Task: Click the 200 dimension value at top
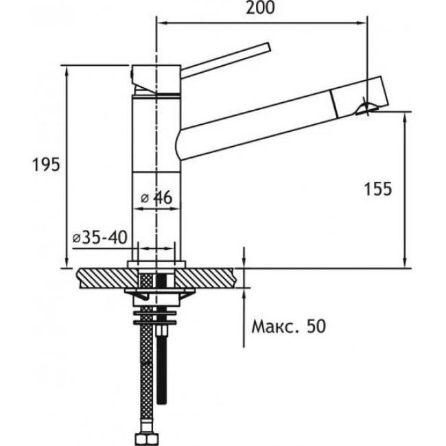pyautogui.click(x=260, y=8)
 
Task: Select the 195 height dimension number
pyautogui.click(x=46, y=165)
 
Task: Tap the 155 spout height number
pyautogui.click(x=378, y=189)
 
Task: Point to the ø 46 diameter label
pyautogui.click(x=156, y=198)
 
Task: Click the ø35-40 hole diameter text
pyautogui.click(x=100, y=237)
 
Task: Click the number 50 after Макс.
pyautogui.click(x=316, y=327)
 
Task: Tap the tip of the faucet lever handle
pyautogui.click(x=268, y=47)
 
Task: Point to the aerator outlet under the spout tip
pyautogui.click(x=367, y=108)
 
